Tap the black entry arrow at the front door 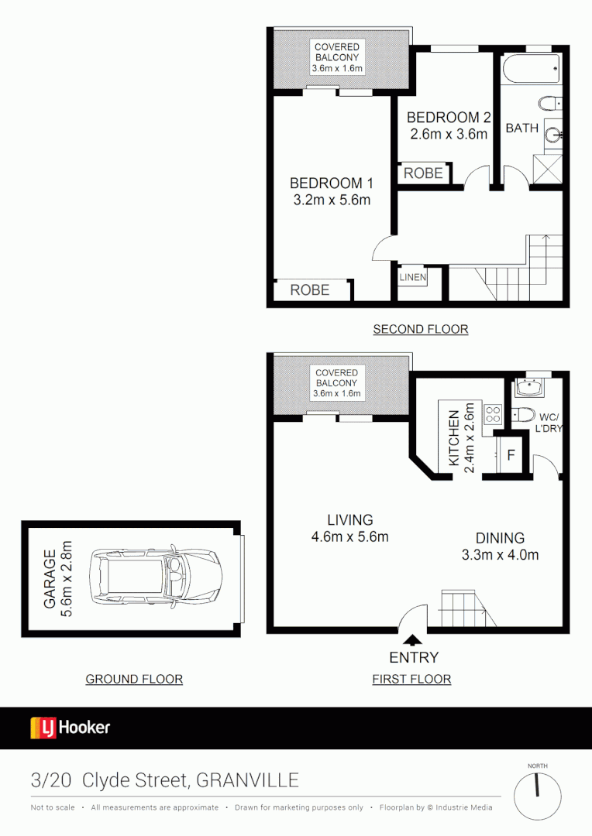pos(412,639)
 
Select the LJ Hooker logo pos(71,728)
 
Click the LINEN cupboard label pos(412,276)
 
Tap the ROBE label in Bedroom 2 pos(423,173)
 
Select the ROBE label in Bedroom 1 pos(310,290)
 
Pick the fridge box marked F pos(511,455)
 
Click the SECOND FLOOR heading pos(421,329)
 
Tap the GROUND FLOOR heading pos(134,679)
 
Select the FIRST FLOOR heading pos(411,679)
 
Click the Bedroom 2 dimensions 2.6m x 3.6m pos(449,134)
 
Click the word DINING pos(500,538)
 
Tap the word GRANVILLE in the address pos(247,780)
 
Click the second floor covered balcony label pos(337,57)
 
